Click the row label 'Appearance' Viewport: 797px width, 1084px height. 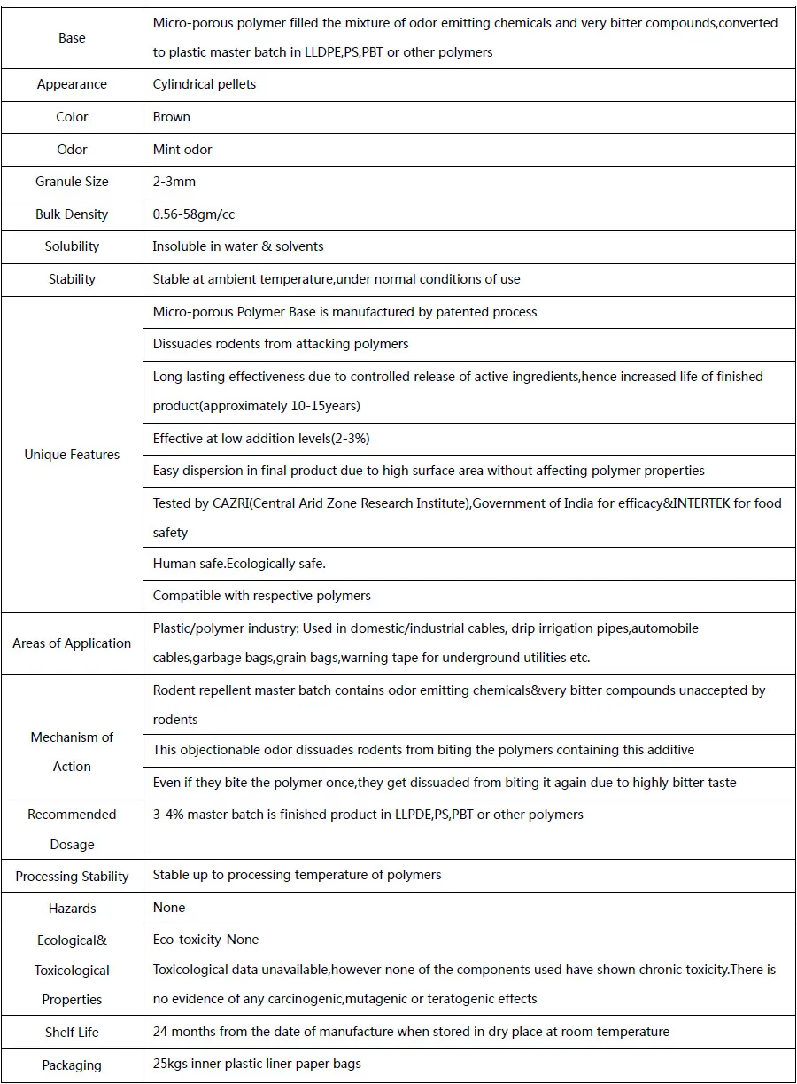72,84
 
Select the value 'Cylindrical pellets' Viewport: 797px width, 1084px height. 205,84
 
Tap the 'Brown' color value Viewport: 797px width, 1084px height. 171,117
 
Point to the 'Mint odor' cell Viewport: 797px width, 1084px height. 182,149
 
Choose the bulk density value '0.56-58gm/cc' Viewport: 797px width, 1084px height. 194,214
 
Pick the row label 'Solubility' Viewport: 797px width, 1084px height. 72,246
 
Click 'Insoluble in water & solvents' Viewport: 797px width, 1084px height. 238,246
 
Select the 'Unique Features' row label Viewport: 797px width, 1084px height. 72,455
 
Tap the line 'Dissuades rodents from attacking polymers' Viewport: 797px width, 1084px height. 281,344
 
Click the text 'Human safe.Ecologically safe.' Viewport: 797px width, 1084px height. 239,564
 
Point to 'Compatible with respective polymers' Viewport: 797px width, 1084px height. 261,596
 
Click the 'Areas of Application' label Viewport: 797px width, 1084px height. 72,643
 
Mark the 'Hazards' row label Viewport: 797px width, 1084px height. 72,909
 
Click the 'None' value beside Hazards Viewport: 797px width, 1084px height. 169,908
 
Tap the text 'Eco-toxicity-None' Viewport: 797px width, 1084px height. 205,940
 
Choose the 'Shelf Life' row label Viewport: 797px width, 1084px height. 72,1033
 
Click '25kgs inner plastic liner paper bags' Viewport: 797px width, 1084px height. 257,1064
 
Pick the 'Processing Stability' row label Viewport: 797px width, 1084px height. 72,877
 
